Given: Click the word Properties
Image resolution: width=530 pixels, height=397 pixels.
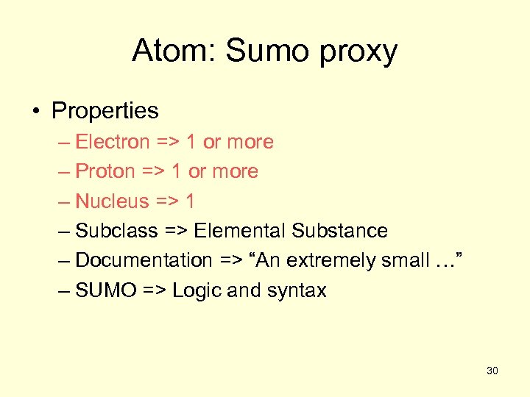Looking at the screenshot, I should coord(105,111).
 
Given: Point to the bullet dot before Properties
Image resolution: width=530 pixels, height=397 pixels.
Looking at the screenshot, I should coord(36,112).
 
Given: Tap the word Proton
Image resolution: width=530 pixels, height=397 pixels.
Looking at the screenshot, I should coord(105,171).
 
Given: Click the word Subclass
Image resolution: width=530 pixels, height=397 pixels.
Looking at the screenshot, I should coord(116,231).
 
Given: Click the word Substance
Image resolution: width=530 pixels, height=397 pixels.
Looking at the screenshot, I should coord(339,231).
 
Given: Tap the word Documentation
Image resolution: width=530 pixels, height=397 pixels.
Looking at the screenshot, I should coord(144,260).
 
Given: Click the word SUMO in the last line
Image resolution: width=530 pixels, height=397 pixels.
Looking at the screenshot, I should coord(106,290).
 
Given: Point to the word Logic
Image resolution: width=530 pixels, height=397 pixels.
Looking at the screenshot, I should coord(197,291).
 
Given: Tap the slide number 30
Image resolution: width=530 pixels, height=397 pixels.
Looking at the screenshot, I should coord(492,371).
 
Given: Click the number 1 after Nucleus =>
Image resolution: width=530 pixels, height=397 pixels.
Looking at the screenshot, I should coord(190,201).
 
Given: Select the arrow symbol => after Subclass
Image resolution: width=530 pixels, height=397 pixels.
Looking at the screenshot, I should coord(175,231).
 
